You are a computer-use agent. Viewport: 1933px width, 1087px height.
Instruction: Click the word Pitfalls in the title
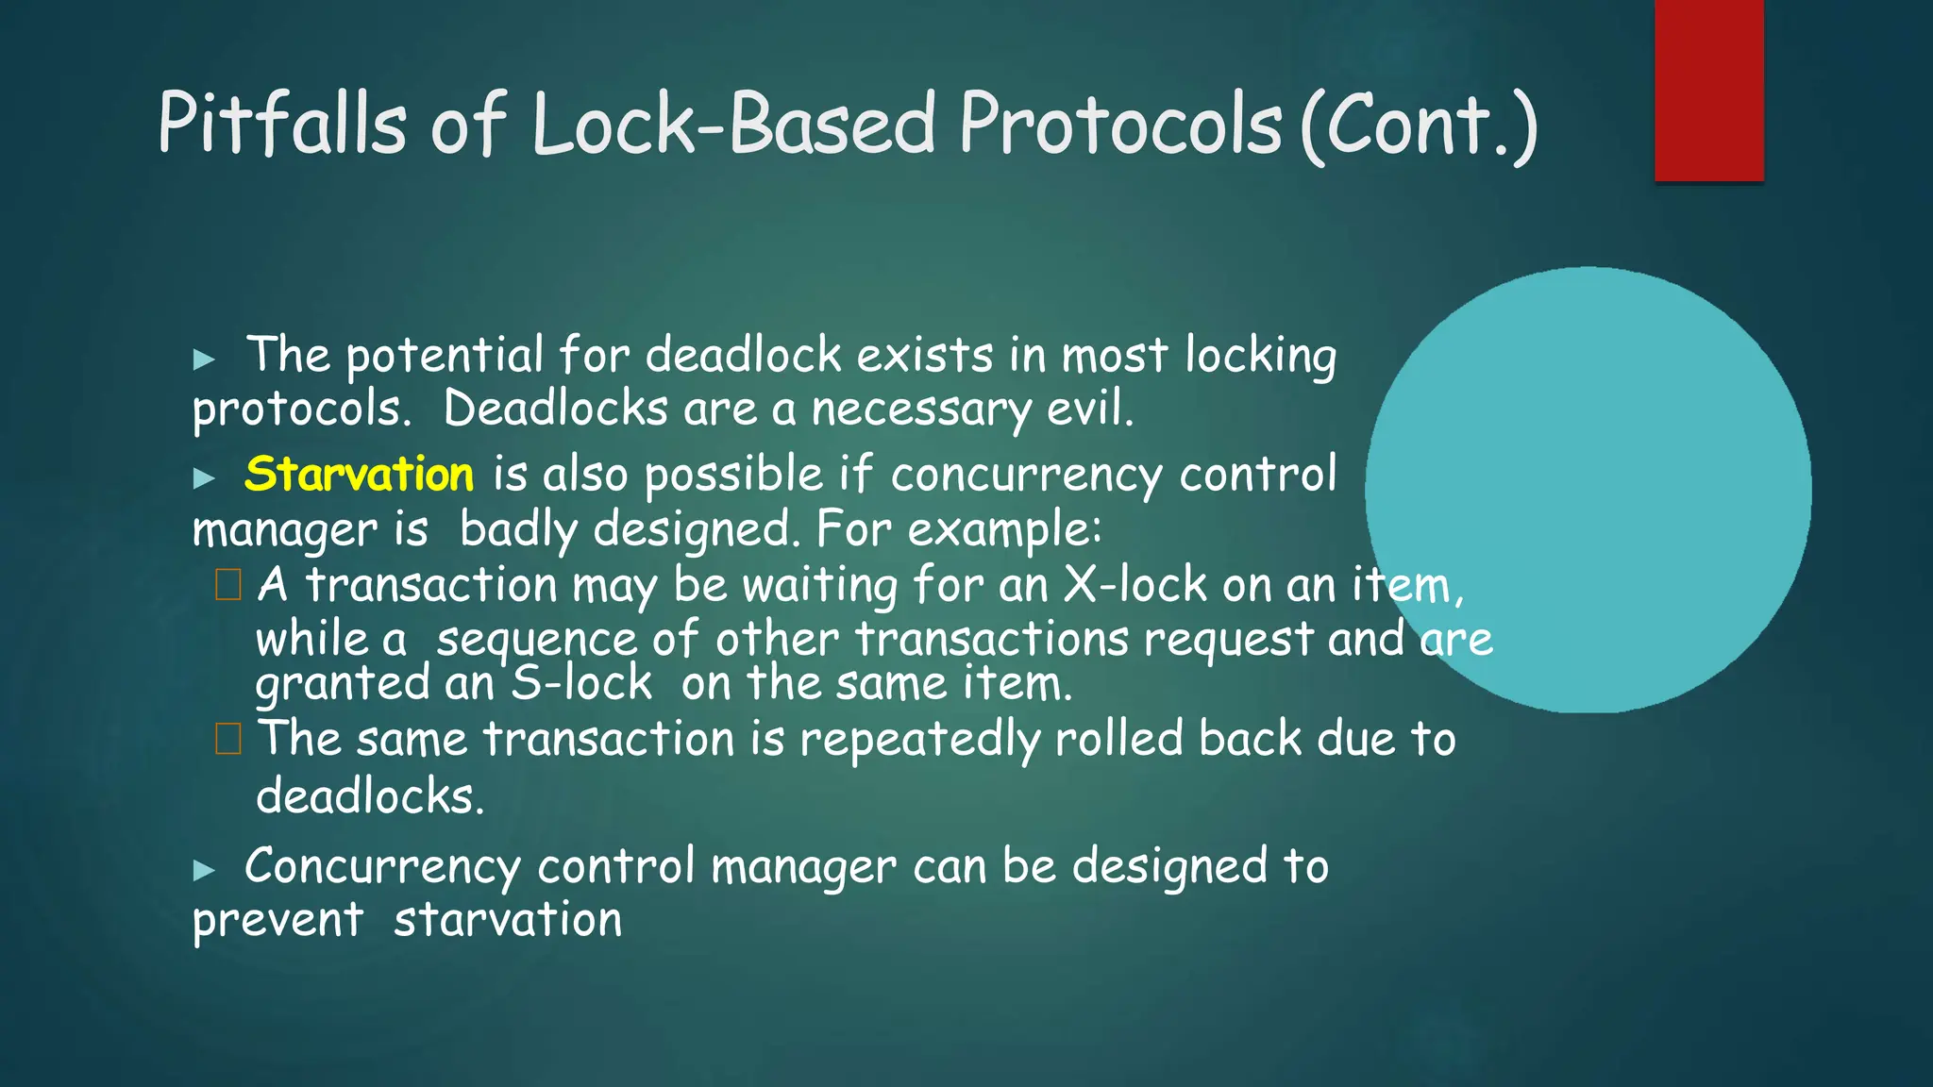281,123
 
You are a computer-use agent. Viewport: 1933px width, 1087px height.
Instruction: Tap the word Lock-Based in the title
733,123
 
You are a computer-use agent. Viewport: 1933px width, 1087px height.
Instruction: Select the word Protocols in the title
1120,123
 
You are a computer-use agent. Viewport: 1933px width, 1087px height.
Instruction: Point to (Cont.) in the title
1418,125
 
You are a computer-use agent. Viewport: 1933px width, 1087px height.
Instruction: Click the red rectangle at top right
1708,90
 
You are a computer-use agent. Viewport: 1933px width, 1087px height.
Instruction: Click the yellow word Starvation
359,474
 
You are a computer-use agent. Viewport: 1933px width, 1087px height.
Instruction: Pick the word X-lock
1135,585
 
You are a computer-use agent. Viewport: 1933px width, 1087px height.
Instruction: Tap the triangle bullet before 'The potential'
204,359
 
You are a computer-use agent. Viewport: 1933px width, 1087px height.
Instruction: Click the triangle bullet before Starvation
204,477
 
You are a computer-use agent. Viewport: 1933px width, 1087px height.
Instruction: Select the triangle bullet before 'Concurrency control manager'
204,870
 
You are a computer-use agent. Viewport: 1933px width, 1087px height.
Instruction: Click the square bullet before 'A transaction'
228,585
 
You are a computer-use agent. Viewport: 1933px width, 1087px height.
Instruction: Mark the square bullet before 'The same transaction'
228,739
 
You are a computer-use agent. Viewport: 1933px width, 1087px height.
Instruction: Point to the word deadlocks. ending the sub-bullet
370,796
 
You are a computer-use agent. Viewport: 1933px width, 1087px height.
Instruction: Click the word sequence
535,640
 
